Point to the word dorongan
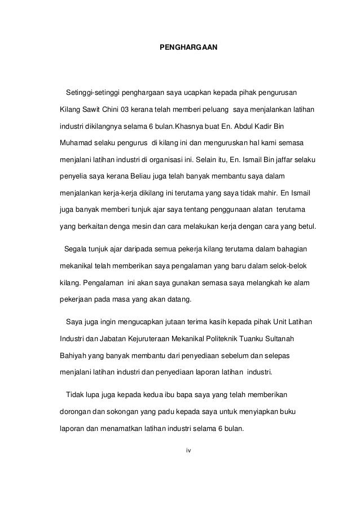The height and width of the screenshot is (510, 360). click(x=76, y=411)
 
